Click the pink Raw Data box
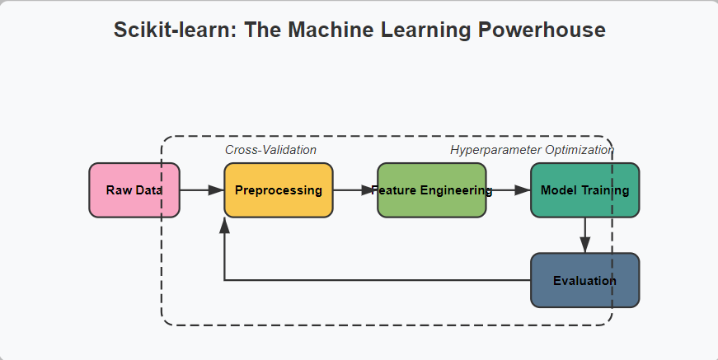(x=134, y=189)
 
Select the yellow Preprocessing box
(x=279, y=189)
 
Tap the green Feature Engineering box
(x=432, y=189)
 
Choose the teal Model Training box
(x=584, y=189)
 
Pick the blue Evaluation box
(x=584, y=280)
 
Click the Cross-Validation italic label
(x=270, y=150)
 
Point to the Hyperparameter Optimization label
(x=532, y=150)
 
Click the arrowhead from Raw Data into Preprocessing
(x=216, y=189)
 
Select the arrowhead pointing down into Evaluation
(x=584, y=245)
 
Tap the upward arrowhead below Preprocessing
(x=224, y=226)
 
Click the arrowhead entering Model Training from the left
(x=523, y=189)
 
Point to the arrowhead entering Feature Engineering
(x=369, y=189)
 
